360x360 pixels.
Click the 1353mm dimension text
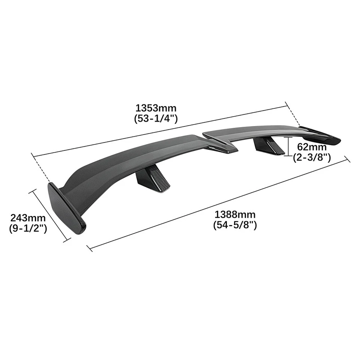[156, 108]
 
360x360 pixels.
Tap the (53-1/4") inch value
[156, 118]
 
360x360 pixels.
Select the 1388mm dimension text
[235, 215]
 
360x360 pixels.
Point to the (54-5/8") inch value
[235, 225]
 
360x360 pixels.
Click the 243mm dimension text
[28, 218]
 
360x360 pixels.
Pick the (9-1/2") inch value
[28, 228]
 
